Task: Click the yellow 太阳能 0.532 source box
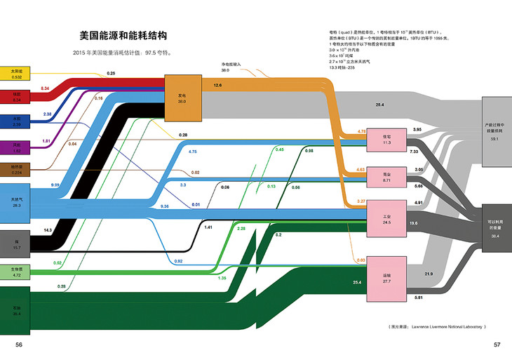coord(17,73)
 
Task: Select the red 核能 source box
coord(17,95)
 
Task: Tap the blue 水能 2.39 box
coord(17,121)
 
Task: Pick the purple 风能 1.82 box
coord(17,147)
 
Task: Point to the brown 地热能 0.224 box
coord(17,170)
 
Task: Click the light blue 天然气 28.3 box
coord(17,202)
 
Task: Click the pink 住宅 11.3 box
coord(386,140)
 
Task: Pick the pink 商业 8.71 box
coord(386,177)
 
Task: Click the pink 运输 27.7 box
coord(386,278)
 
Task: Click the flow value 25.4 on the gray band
coord(379,105)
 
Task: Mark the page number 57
coord(497,345)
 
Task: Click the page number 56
coord(19,345)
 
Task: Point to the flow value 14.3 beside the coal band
coord(48,230)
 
